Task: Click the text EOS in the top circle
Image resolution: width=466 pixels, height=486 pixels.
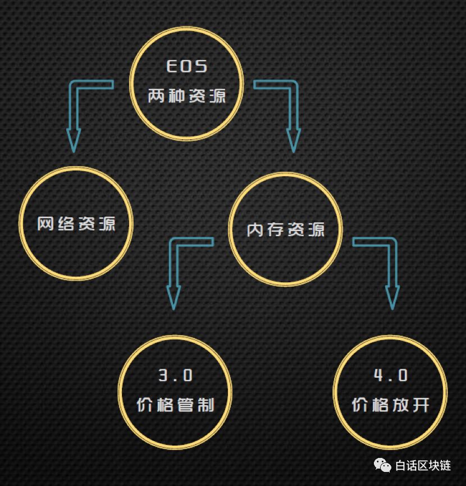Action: pos(187,66)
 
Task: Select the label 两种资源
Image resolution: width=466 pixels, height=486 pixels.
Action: pos(187,96)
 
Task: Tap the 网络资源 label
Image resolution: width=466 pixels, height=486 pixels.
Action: pos(76,224)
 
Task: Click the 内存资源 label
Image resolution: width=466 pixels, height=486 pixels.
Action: pos(286,230)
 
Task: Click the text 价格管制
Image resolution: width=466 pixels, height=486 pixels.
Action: pos(175,405)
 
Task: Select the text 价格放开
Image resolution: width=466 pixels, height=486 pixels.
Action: pos(391,405)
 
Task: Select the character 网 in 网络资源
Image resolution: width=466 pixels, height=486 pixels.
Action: pos(46,224)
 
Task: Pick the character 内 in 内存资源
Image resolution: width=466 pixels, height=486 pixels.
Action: pos(256,230)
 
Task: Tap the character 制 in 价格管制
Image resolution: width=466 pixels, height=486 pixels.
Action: pos(206,405)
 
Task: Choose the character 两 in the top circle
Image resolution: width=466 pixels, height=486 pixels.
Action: pos(157,96)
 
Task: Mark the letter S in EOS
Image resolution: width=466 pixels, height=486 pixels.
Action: pos(201,66)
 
